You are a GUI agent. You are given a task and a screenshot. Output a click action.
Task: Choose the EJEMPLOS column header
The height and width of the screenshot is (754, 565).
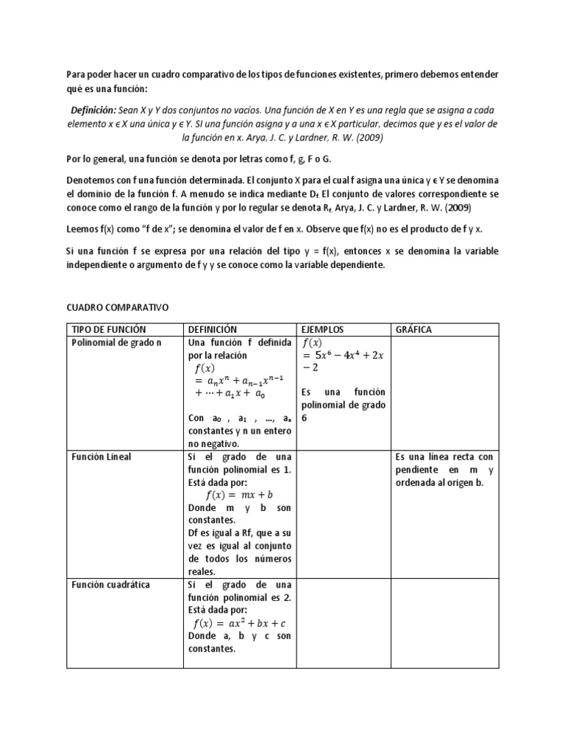tap(323, 329)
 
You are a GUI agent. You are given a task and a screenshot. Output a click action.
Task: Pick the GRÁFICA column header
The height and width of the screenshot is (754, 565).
tap(413, 329)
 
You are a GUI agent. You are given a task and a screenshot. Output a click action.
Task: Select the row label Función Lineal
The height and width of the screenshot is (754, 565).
tap(102, 457)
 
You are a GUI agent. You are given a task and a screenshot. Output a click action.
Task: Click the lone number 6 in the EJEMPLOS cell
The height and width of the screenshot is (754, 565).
tap(305, 417)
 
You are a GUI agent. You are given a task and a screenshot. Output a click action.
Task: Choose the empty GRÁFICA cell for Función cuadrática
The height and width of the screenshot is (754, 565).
tap(445, 623)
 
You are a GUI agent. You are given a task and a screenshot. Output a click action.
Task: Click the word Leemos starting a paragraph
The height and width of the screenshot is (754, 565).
tap(82, 229)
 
